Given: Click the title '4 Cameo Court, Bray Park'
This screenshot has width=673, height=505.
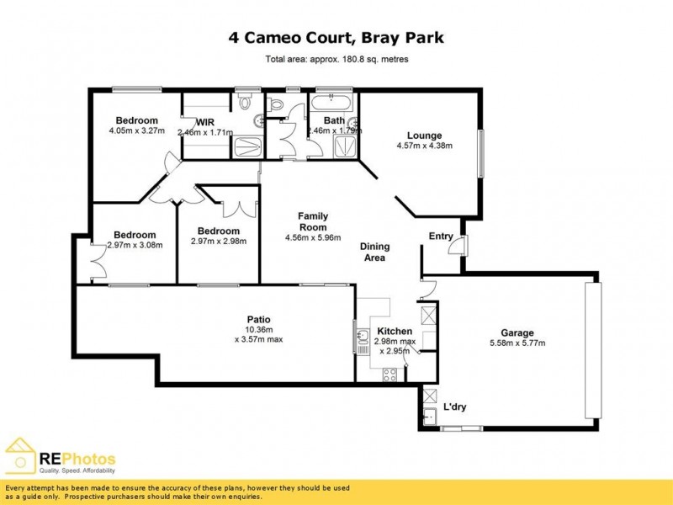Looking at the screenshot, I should coord(336,38).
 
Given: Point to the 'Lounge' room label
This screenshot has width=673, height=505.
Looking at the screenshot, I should coord(424,136).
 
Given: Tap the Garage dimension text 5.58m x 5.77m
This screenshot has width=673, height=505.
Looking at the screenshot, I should coord(517,343).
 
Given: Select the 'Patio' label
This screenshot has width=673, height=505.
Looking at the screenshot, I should coord(257,318).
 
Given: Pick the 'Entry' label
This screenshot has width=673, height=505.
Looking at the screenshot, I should coord(441,237).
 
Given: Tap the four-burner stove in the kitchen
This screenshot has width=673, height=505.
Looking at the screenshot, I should coord(427,316).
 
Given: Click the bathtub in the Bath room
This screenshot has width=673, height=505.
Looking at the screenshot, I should coord(333,104).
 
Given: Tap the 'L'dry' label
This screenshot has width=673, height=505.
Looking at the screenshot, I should coord(455,408).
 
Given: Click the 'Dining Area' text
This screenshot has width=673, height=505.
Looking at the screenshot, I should coord(374,252).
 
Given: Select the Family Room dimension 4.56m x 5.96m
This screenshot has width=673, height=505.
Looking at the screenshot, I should coord(312,238).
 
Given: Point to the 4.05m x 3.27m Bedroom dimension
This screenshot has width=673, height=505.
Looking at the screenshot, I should coord(135,131).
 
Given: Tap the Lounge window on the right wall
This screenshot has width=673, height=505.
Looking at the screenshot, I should coord(481,153).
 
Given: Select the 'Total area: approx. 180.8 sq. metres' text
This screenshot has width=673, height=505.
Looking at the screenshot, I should coord(336,60).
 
